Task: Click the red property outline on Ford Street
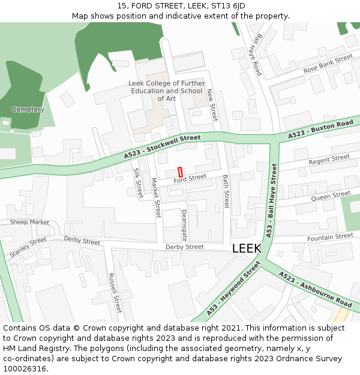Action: pyautogui.click(x=180, y=172)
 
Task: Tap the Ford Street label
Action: pyautogui.click(x=190, y=178)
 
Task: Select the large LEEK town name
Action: pyautogui.click(x=247, y=248)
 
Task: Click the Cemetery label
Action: pyautogui.click(x=28, y=110)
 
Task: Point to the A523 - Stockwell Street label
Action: pyautogui.click(x=163, y=147)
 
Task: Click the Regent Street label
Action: pyautogui.click(x=329, y=160)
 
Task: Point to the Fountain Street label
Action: pyautogui.click(x=330, y=238)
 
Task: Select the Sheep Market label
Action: pyautogui.click(x=29, y=222)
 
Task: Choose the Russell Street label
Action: pyautogui.click(x=115, y=293)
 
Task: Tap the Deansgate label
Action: pyautogui.click(x=185, y=226)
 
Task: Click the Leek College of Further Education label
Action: pyautogui.click(x=166, y=91)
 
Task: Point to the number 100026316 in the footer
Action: pyautogui.click(x=24, y=368)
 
